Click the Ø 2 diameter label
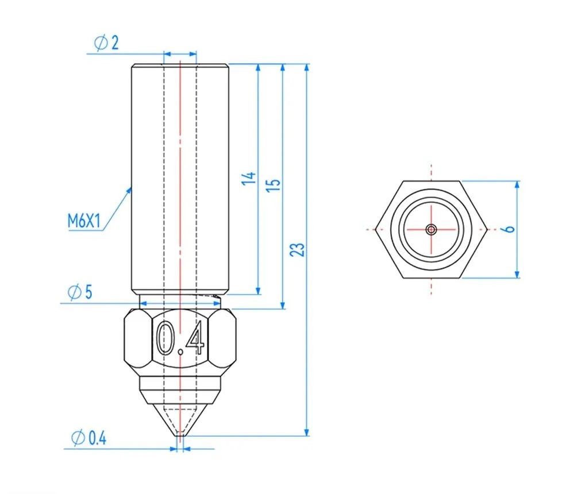pos(106,43)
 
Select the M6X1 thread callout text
pos(84,221)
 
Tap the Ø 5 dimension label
pos(80,292)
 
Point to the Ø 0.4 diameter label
pos(89,438)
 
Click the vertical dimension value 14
pos(249,179)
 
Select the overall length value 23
pos(298,249)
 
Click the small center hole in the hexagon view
pos(431,229)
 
